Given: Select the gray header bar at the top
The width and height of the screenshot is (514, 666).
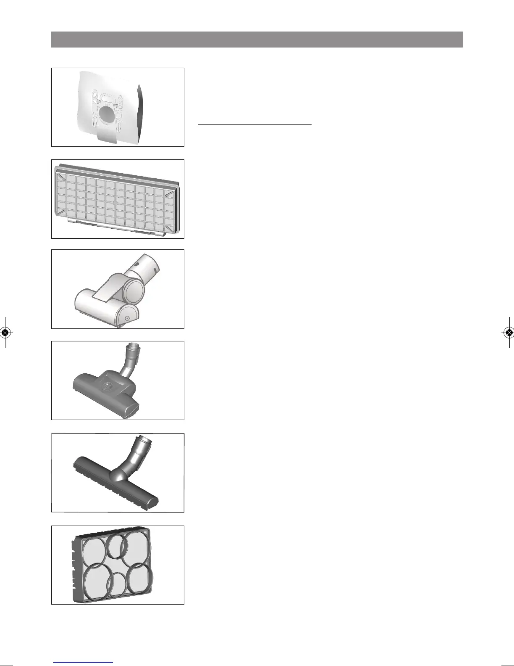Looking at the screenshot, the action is click(x=257, y=40).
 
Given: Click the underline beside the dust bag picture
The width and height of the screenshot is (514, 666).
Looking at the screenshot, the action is click(x=255, y=124).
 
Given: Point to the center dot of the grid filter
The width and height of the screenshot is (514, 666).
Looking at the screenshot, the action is click(x=115, y=202).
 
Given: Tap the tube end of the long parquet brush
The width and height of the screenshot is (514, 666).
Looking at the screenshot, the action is click(x=145, y=442).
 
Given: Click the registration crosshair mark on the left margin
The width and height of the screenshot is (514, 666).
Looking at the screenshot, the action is click(x=5, y=332).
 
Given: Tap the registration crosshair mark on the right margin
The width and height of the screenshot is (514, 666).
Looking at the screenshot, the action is click(x=509, y=332).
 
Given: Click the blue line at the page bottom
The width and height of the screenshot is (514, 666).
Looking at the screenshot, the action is click(x=84, y=662).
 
